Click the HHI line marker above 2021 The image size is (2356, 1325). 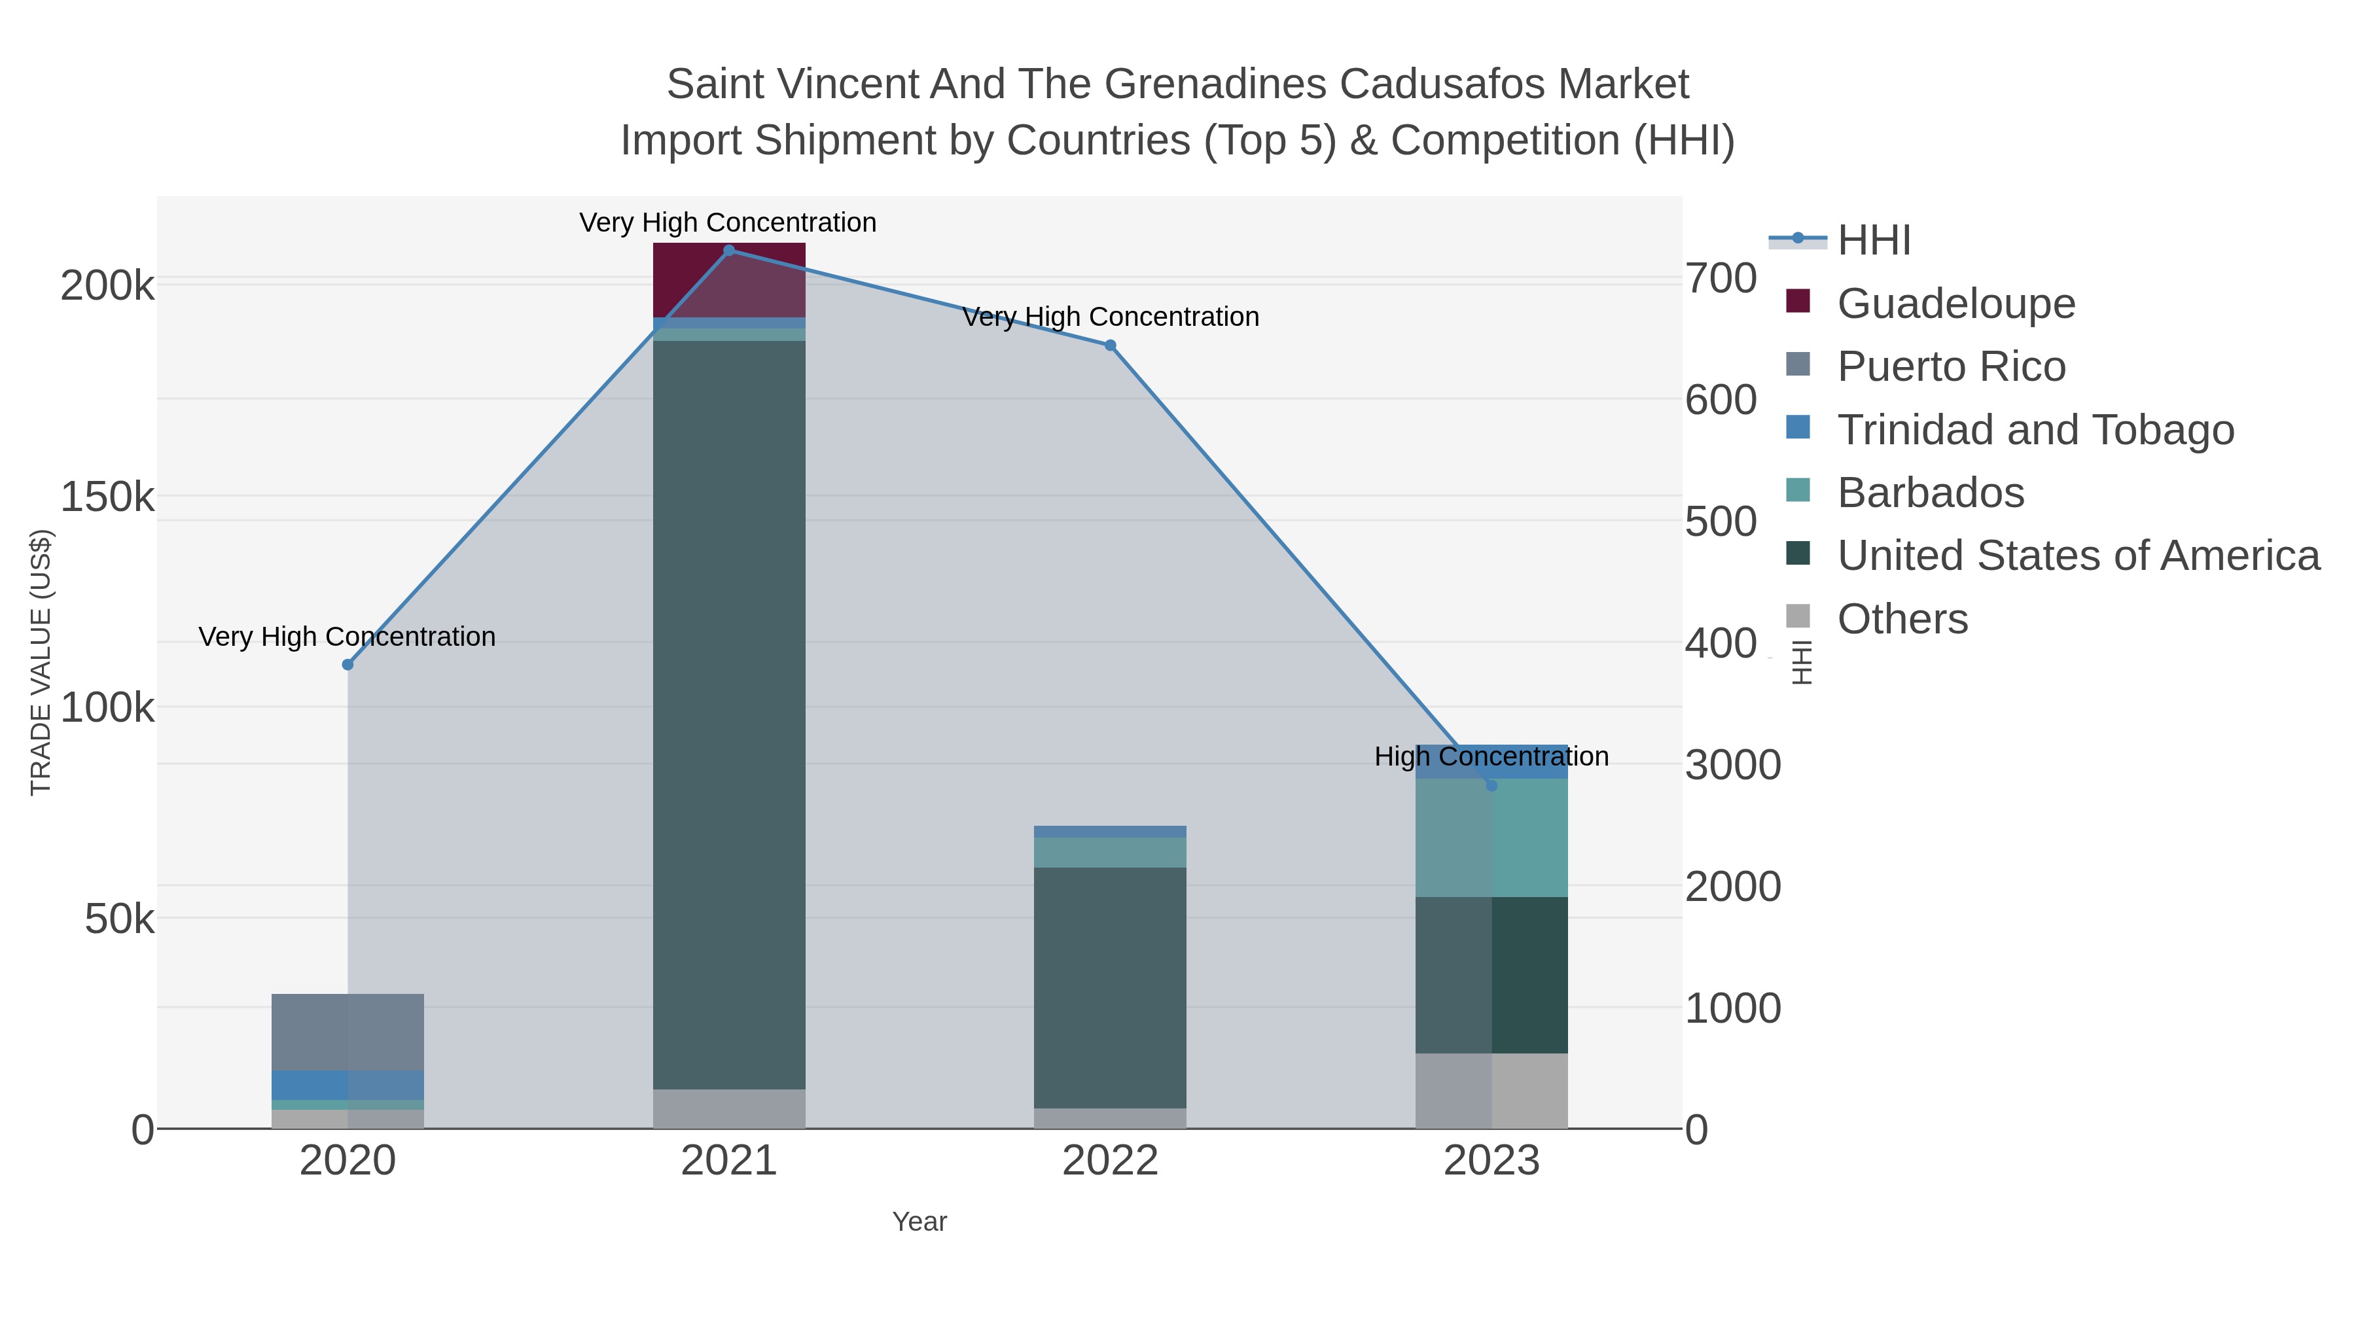click(x=729, y=251)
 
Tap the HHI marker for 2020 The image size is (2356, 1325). click(x=348, y=665)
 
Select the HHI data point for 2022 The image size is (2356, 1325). click(x=1111, y=345)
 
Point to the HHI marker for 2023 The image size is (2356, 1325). click(x=1491, y=785)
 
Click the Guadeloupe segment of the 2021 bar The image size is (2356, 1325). click(x=729, y=281)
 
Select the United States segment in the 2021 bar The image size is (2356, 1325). click(x=729, y=715)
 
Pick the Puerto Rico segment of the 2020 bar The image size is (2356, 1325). click(x=348, y=1033)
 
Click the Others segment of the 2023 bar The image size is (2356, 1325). click(x=1491, y=1091)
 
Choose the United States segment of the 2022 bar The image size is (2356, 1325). click(x=1111, y=989)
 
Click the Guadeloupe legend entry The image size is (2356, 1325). click(x=1931, y=304)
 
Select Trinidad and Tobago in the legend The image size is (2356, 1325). click(x=2009, y=430)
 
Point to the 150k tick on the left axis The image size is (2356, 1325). click(x=108, y=497)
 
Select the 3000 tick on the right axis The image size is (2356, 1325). click(x=1733, y=766)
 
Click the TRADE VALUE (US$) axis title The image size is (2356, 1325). click(x=41, y=662)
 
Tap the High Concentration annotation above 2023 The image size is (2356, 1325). click(x=1491, y=757)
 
